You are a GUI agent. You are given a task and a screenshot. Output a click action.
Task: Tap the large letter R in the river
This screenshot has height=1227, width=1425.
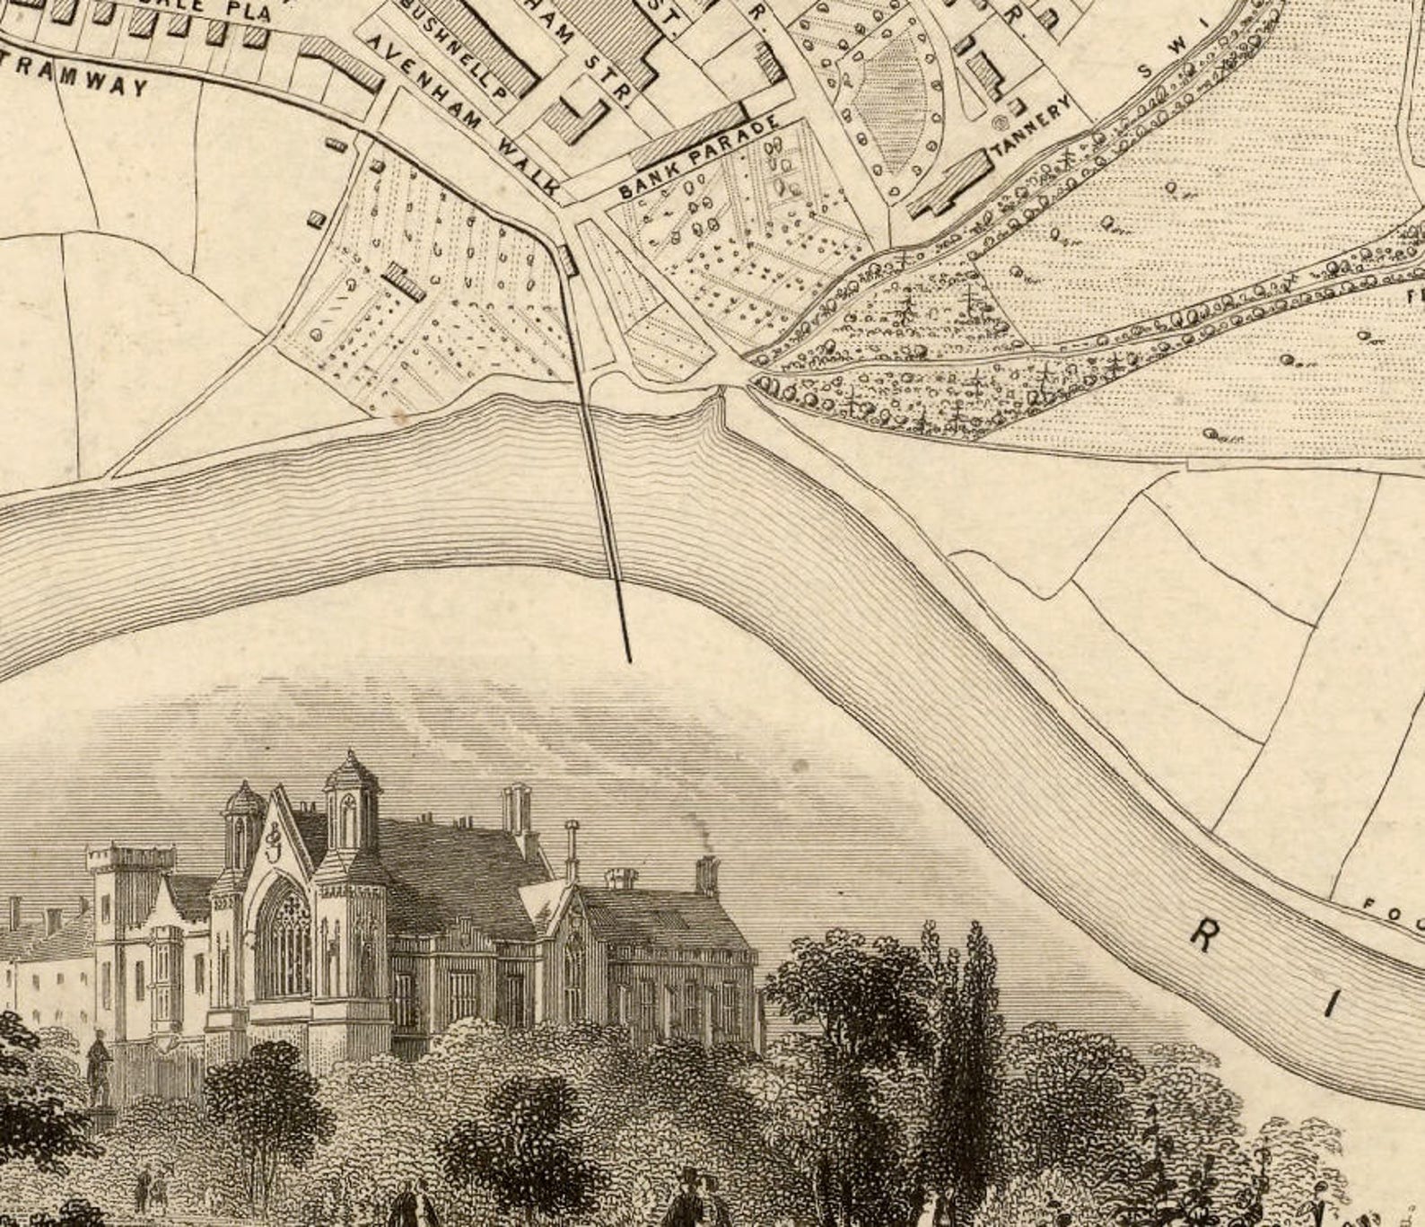tap(1206, 937)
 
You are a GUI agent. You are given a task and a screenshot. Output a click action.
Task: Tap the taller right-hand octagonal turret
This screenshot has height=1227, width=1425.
tap(351, 808)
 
